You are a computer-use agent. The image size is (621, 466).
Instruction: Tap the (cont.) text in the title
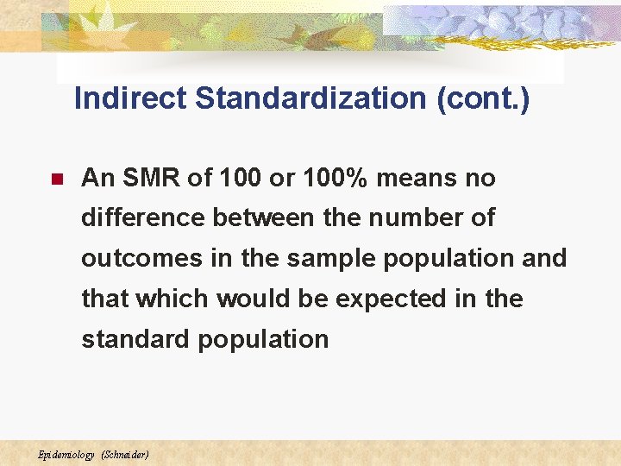(484, 98)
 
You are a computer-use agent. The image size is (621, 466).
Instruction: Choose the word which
(172, 299)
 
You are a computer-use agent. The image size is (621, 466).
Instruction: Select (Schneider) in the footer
(125, 454)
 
